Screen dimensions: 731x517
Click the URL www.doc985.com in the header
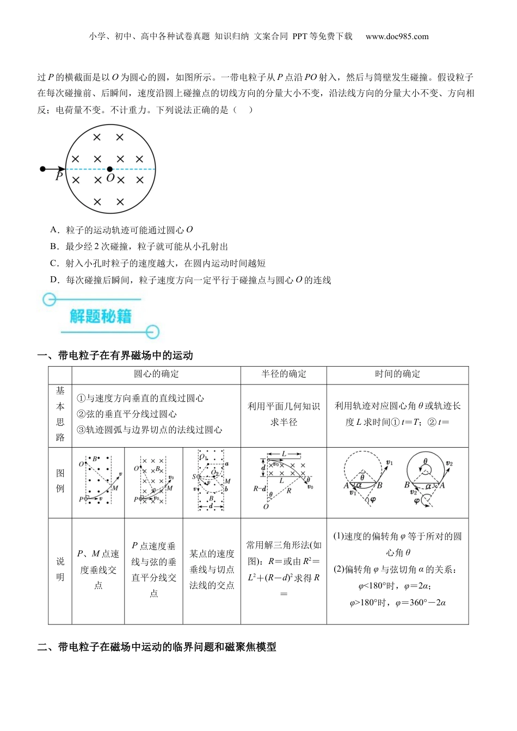click(397, 36)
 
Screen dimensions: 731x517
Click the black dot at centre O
click(109, 169)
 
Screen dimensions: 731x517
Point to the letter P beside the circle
click(59, 177)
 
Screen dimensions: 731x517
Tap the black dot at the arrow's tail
click(43, 169)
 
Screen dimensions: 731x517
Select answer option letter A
click(53, 230)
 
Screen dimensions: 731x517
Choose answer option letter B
click(53, 247)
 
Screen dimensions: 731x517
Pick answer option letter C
click(53, 264)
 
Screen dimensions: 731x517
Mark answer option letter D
click(53, 281)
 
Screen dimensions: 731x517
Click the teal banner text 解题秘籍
click(101, 317)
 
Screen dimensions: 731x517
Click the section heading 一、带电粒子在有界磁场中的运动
click(115, 356)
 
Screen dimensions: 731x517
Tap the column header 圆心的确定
click(156, 374)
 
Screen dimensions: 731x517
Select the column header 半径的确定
click(284, 374)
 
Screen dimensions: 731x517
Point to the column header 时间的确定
click(397, 374)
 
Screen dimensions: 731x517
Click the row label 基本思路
click(60, 414)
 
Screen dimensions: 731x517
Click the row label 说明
click(60, 569)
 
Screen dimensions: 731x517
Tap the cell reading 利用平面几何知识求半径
click(284, 414)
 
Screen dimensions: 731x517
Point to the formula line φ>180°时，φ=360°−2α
click(397, 603)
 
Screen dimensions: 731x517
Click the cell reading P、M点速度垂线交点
click(99, 569)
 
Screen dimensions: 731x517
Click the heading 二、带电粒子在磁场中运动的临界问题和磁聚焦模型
click(157, 647)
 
